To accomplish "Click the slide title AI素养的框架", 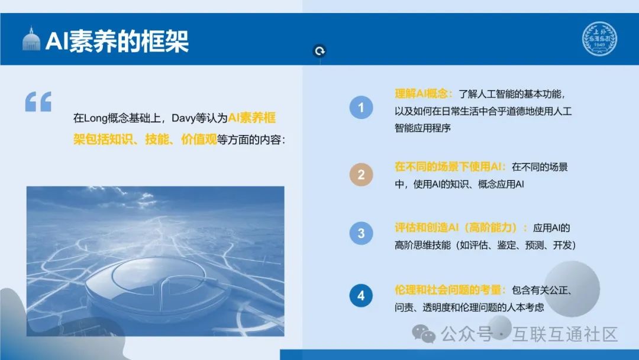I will pos(117,42).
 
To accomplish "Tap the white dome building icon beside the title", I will pos(31,40).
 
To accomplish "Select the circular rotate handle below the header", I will pos(319,52).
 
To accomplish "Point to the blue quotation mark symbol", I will pos(38,102).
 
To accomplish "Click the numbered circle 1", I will pos(361,108).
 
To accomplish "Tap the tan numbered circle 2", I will pos(361,175).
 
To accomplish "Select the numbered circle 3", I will pos(361,233).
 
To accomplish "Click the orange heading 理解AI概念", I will pos(424,94).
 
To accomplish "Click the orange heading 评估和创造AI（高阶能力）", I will pos(461,227).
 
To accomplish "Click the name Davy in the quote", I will pos(183,118).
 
